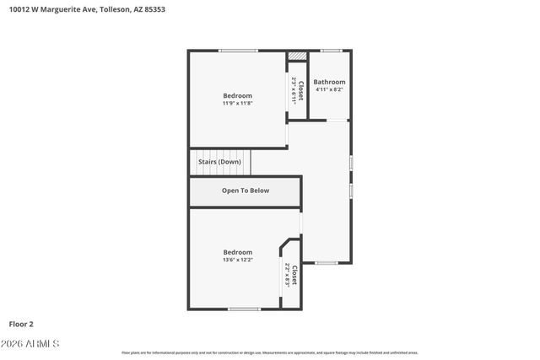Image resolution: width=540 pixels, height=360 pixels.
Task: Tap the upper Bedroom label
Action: pyautogui.click(x=237, y=95)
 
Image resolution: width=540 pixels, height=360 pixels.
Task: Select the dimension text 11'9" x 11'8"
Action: pyautogui.click(x=237, y=104)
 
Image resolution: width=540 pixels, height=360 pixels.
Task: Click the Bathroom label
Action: pyautogui.click(x=329, y=82)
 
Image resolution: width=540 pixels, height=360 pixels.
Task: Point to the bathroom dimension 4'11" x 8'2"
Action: pyautogui.click(x=329, y=89)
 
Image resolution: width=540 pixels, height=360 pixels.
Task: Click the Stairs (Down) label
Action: pyautogui.click(x=219, y=161)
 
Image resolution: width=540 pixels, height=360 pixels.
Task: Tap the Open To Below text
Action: pyautogui.click(x=246, y=191)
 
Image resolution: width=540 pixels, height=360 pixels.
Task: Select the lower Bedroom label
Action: pyautogui.click(x=237, y=252)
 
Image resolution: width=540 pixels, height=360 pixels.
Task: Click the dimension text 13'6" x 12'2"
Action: pyautogui.click(x=237, y=260)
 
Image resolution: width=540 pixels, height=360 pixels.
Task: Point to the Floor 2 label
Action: pyautogui.click(x=21, y=323)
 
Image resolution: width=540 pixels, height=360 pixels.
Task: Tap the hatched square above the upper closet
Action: pyautogui.click(x=297, y=56)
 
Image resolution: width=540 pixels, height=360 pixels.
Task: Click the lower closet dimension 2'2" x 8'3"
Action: pyautogui.click(x=288, y=275)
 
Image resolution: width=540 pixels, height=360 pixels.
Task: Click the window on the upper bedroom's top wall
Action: pyautogui.click(x=238, y=51)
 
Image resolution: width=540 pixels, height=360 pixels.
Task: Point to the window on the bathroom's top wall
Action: pyautogui.click(x=331, y=51)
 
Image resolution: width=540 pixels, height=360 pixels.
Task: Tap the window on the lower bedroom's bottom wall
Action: pyautogui.click(x=244, y=309)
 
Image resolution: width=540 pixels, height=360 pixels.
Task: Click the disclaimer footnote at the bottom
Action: pyautogui.click(x=270, y=352)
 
